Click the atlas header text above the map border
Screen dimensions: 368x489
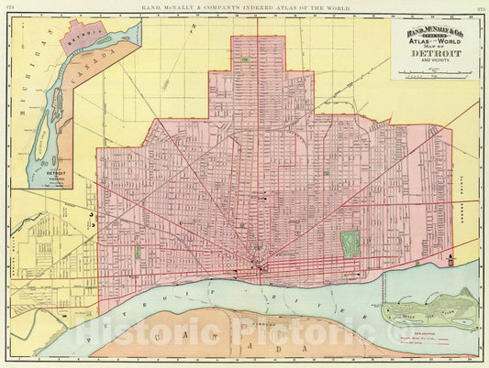(x=244, y=7)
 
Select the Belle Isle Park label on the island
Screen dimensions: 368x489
(x=431, y=307)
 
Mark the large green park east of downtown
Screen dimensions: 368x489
(x=350, y=243)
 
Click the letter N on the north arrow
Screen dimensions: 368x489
(x=194, y=30)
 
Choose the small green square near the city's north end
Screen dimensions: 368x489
(x=245, y=60)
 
